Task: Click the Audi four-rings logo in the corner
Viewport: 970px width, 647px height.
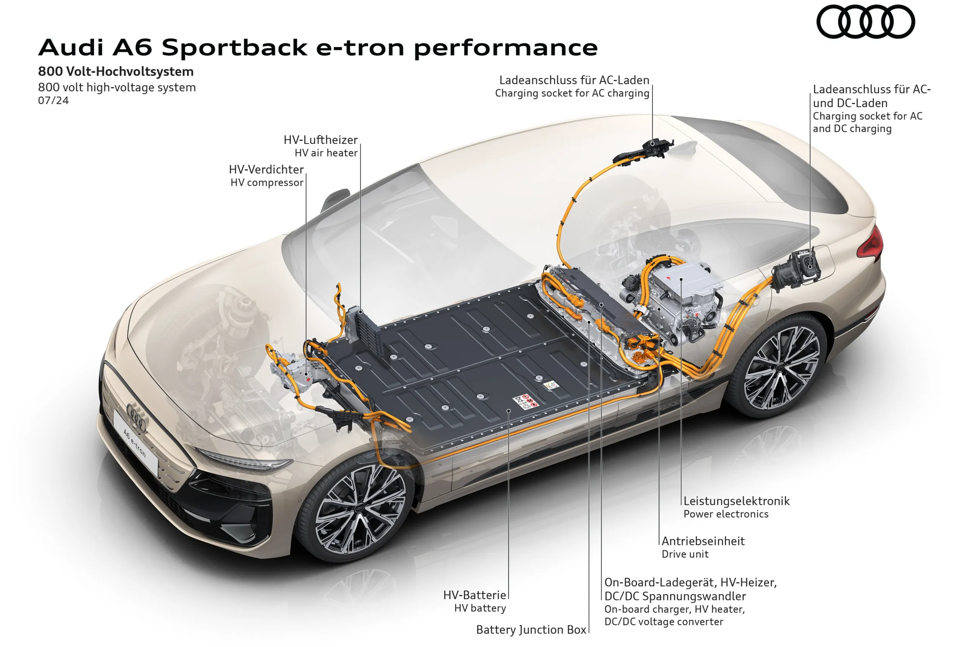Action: coord(865,22)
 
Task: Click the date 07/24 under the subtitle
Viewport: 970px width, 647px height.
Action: coord(53,101)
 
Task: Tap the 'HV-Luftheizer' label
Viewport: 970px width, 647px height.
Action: coord(321,140)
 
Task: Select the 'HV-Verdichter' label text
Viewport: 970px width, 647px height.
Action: coord(266,169)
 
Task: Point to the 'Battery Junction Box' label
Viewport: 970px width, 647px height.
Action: coord(531,630)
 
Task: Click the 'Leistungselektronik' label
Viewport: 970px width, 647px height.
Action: coord(736,501)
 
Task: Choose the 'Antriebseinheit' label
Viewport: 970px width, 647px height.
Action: coord(703,541)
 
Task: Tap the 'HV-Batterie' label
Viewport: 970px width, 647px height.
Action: coord(474,595)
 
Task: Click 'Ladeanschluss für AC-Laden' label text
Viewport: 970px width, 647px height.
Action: coord(574,80)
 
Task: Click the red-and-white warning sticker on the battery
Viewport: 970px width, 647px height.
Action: coord(526,401)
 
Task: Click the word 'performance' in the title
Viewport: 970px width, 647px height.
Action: coord(505,48)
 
